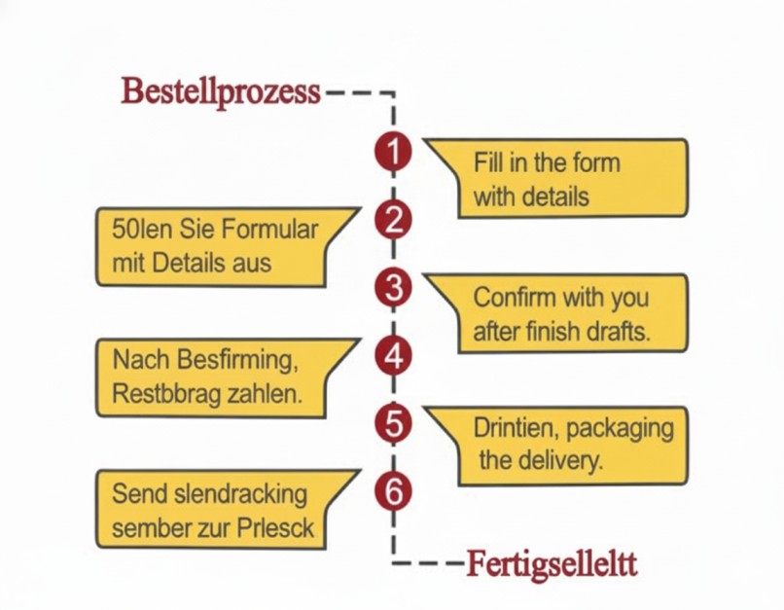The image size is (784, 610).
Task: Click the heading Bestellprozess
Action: tap(221, 91)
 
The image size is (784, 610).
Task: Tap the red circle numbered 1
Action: tap(393, 152)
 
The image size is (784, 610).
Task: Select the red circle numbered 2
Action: tap(393, 220)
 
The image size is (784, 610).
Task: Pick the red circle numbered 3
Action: tap(393, 288)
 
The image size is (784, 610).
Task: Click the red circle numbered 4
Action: tap(393, 356)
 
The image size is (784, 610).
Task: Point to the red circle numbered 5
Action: tap(393, 424)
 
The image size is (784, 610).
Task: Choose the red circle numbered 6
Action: tap(393, 491)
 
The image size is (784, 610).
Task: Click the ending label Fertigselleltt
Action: tap(552, 563)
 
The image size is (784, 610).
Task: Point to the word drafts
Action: tap(616, 331)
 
